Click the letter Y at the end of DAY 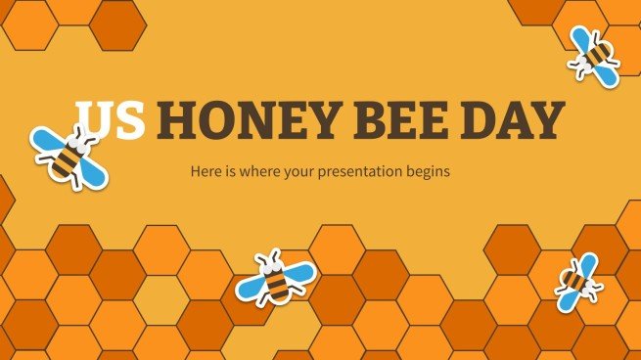[552, 122]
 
